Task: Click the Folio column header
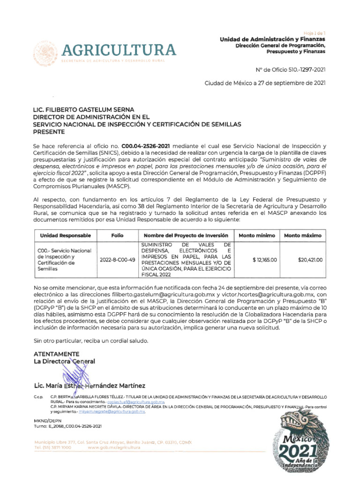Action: [117, 235]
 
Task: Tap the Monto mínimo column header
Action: [257, 235]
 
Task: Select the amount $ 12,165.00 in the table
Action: [265, 260]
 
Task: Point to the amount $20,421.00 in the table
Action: [310, 260]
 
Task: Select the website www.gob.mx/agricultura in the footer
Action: [114, 448]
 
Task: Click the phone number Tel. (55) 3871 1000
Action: [53, 448]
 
